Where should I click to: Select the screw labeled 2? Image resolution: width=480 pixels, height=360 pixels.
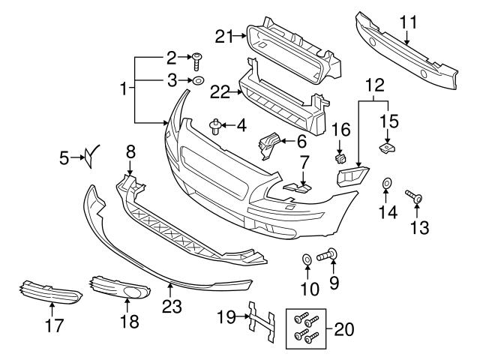click(198, 58)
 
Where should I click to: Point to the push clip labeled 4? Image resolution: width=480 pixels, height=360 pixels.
click(215, 125)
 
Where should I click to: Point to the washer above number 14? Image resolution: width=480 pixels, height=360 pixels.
click(388, 183)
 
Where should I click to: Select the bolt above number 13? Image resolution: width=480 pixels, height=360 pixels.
click(415, 197)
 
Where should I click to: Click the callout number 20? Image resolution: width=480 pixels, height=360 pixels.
click(344, 328)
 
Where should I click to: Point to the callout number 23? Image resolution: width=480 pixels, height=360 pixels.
click(172, 307)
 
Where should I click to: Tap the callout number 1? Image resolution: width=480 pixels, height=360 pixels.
click(123, 90)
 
